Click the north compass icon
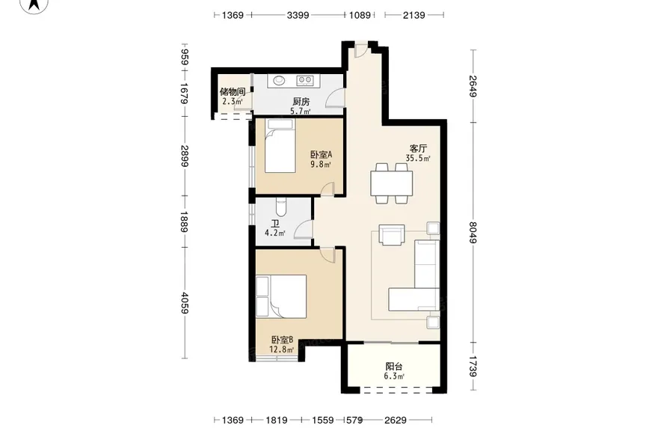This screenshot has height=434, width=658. tap(34, 5)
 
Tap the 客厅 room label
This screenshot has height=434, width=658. tap(418, 149)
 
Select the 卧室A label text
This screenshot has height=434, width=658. tap(321, 155)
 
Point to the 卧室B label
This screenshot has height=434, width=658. tap(282, 340)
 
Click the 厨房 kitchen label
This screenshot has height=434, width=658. tap(301, 102)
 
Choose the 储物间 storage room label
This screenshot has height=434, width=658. tap(233, 92)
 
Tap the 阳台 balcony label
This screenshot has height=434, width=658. tap(394, 367)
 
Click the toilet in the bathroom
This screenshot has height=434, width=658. tap(280, 207)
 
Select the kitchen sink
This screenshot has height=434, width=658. tap(279, 80)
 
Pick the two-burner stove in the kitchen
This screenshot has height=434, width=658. tap(305, 79)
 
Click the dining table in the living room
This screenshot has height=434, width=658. tap(392, 183)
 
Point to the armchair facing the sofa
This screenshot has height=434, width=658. tap(392, 234)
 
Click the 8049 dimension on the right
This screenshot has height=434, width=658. tap(473, 232)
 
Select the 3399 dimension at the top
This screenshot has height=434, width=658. tap(298, 15)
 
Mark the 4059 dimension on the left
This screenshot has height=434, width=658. tap(185, 302)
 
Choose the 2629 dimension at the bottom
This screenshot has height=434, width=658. tap(396, 420)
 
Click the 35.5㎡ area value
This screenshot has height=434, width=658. tap(418, 158)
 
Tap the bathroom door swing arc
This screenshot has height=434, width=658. tap(302, 229)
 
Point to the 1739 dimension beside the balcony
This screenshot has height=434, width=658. tap(473, 367)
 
